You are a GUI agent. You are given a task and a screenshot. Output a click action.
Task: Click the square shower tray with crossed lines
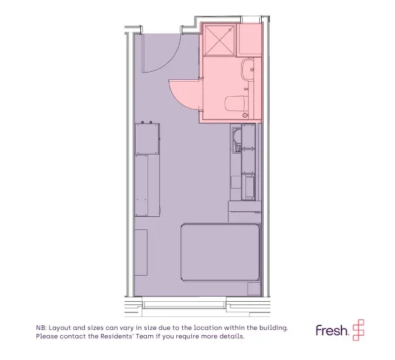tap(219, 41)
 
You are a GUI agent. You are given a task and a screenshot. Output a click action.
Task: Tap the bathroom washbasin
tap(247, 70)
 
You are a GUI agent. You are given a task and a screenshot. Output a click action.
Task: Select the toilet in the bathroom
tap(236, 103)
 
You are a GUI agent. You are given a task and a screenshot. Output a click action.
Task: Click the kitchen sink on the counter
tap(237, 140)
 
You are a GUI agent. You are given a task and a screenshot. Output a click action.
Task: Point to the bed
tap(221, 252)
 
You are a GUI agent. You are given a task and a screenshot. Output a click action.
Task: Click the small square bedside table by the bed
tap(254, 289)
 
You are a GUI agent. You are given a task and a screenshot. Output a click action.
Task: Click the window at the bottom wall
tap(184, 303)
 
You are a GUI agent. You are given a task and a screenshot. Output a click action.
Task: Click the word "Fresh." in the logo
tap(332, 330)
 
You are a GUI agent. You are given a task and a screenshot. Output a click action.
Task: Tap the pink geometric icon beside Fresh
tap(358, 330)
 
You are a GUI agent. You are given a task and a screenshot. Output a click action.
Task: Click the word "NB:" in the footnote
tap(41, 328)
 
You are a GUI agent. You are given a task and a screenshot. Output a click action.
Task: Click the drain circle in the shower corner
tap(230, 30)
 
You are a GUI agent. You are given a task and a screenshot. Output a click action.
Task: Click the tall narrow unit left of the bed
tap(141, 252)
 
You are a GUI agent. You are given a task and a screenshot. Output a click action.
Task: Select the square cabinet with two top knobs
tap(147, 138)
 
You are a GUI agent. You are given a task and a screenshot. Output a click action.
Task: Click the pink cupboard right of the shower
tap(249, 39)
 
